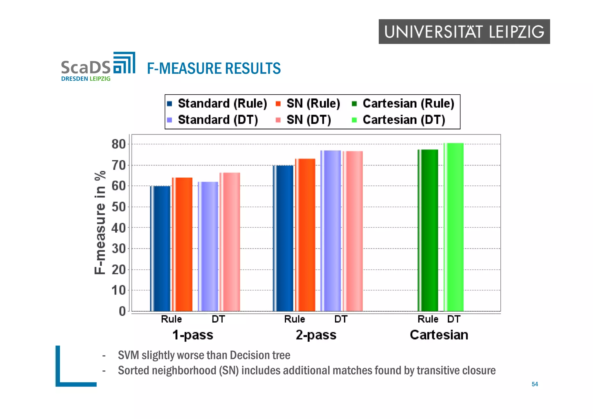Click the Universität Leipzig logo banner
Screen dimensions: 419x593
[x=464, y=32]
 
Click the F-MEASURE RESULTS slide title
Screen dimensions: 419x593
[x=214, y=69]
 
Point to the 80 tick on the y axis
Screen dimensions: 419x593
[x=118, y=144]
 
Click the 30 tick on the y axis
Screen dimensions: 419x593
[x=118, y=249]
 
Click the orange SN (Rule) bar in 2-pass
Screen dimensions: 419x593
[x=305, y=235]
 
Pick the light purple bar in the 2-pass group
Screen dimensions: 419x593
[x=331, y=231]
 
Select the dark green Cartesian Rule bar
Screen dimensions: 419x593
[x=428, y=230]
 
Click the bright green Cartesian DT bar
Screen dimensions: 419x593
[x=454, y=227]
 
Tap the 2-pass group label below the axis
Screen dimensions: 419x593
[x=316, y=335]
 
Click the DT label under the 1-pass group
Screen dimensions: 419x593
[x=218, y=319]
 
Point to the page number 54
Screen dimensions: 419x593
[x=535, y=384]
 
